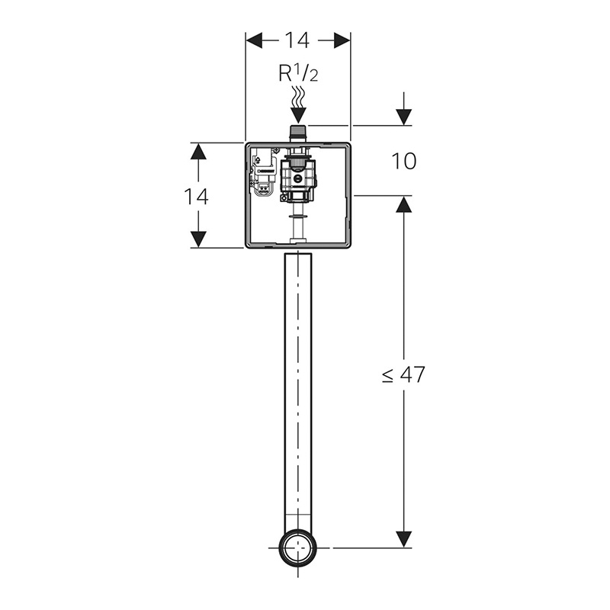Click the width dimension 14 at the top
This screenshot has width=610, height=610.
point(298,40)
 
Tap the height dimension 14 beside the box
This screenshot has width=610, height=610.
point(196,196)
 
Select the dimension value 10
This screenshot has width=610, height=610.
point(404,161)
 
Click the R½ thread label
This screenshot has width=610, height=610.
point(298,75)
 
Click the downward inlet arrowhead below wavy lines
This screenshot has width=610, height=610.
point(298,115)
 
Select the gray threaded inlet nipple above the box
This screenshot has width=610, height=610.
point(298,133)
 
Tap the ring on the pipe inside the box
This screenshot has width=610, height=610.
point(299,216)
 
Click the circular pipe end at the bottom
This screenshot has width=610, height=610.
point(298,548)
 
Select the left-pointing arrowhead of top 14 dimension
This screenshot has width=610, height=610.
point(254,40)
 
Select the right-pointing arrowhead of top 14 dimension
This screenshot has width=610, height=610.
point(342,40)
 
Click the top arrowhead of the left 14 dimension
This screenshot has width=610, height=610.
point(198,151)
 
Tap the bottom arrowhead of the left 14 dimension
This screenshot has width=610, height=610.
point(198,239)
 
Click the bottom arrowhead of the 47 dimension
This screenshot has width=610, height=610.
point(404,539)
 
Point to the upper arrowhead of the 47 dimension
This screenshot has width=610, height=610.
point(404,204)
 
